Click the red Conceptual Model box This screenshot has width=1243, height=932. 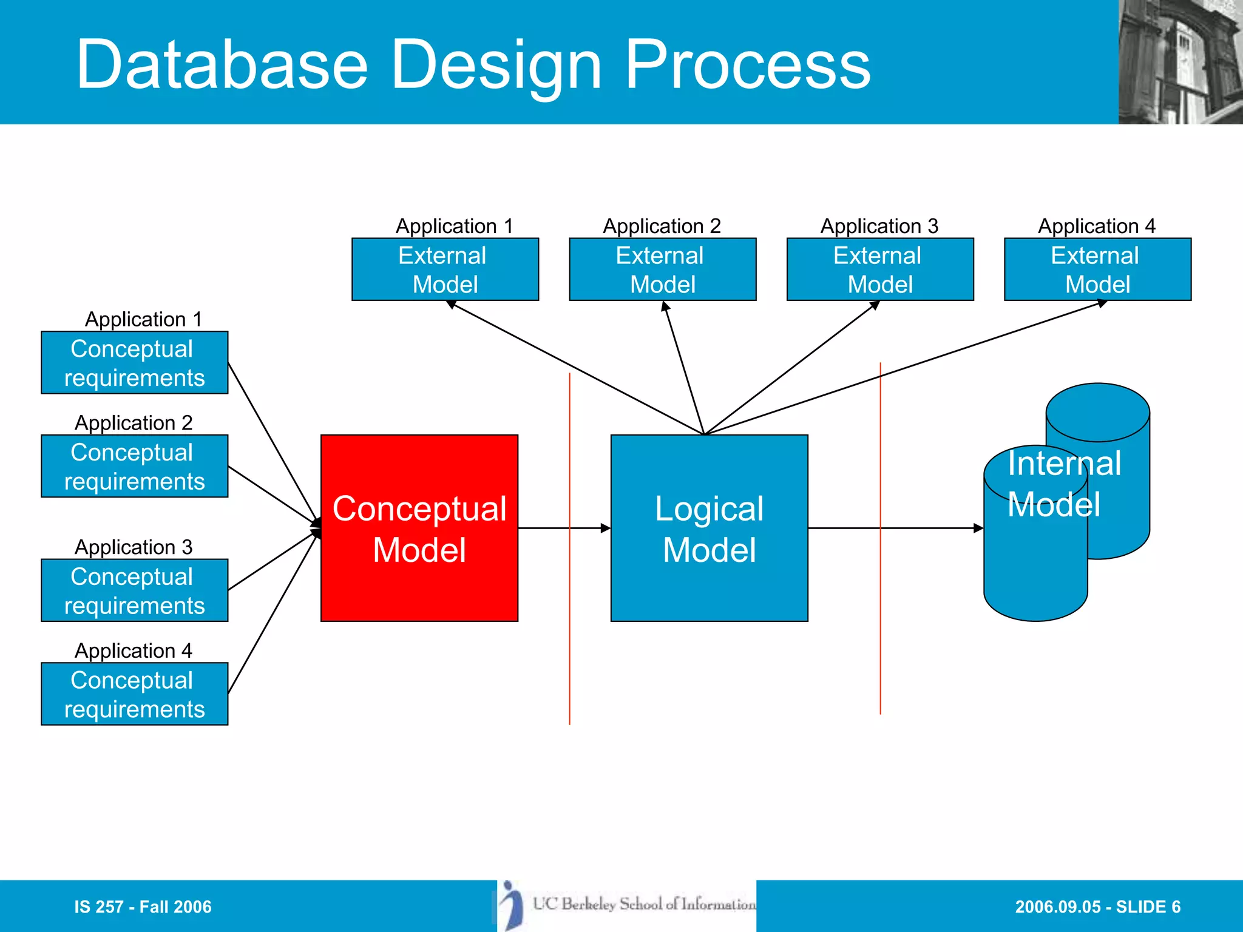pos(419,528)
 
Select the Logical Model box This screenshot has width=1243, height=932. pos(709,528)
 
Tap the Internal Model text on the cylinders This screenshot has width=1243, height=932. pos(1063,484)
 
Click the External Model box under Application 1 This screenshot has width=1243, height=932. pos(445,269)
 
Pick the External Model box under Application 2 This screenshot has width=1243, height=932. pos(662,269)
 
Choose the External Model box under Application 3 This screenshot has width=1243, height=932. pos(880,269)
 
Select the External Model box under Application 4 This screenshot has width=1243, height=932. pos(1097,269)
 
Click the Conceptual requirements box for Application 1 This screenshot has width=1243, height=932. pos(134,363)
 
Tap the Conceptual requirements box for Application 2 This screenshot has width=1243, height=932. pos(134,466)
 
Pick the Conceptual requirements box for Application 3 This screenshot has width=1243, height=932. pos(134,590)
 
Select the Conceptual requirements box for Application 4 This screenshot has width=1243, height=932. pos(134,694)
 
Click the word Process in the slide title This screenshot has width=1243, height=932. pos(747,64)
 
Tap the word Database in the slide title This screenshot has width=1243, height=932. pos(222,64)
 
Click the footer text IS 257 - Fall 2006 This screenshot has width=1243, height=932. pos(143,907)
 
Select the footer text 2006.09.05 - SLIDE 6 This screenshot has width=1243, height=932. pos(1097,907)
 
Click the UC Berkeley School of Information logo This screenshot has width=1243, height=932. pos(627,905)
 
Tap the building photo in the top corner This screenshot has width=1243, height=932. pos(1180,62)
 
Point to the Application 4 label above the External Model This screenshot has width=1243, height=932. pos(1096,226)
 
